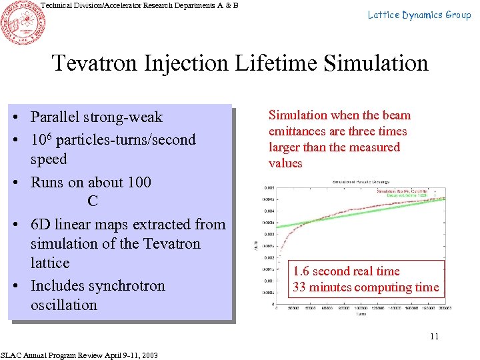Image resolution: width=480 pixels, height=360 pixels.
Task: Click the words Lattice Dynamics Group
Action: [x=419, y=15]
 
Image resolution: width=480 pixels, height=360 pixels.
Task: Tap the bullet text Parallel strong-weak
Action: [x=96, y=117]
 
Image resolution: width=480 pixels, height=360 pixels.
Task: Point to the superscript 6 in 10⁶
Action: [x=52, y=135]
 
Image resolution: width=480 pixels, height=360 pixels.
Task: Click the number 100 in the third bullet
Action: [x=138, y=182]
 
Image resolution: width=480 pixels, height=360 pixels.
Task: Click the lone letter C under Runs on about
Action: [x=92, y=201]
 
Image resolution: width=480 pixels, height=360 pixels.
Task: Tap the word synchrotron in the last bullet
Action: [x=127, y=285]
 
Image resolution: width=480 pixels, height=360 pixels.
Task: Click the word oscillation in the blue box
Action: [x=63, y=305]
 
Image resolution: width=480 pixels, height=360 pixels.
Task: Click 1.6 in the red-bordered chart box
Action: [x=302, y=271]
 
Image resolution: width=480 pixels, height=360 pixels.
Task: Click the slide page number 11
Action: [x=434, y=336]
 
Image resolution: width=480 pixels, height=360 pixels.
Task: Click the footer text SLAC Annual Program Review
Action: [x=57, y=355]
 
